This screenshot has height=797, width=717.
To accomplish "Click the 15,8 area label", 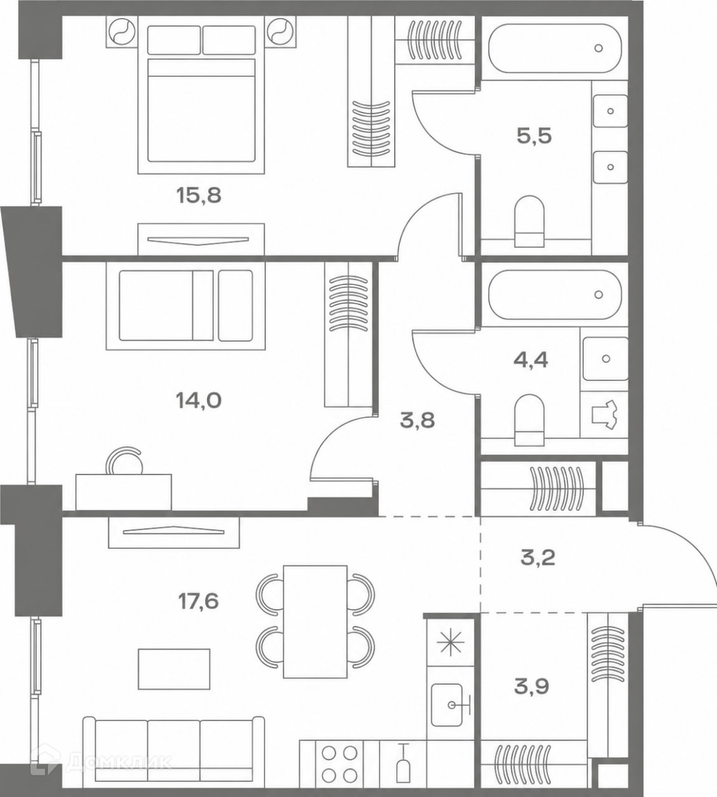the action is point(199,196).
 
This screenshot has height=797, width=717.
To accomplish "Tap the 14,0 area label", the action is point(199,400).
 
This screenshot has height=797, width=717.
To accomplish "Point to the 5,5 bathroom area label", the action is point(534,136).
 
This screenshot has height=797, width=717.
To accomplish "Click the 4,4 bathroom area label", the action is point(531,360).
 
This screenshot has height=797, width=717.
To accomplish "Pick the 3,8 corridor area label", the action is point(418,420).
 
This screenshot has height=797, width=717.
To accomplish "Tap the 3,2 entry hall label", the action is point(538,558).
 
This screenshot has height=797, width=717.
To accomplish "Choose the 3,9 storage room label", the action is point(532,686).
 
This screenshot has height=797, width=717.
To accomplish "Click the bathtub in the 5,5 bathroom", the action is point(555,48).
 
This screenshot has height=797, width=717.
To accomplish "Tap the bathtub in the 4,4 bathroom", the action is point(555,295).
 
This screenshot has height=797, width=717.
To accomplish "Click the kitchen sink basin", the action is point(448,705).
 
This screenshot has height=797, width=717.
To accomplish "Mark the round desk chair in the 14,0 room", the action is point(124,461).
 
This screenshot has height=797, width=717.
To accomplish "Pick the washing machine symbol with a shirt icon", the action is point(604,415).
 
